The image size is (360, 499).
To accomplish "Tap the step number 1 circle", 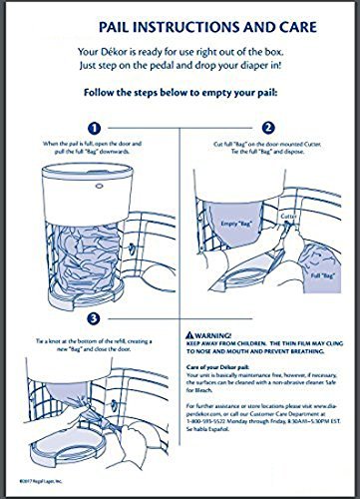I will (x=95, y=128).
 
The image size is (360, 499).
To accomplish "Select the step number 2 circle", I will (x=266, y=128).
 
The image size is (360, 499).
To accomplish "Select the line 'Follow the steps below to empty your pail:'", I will (x=180, y=99).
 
